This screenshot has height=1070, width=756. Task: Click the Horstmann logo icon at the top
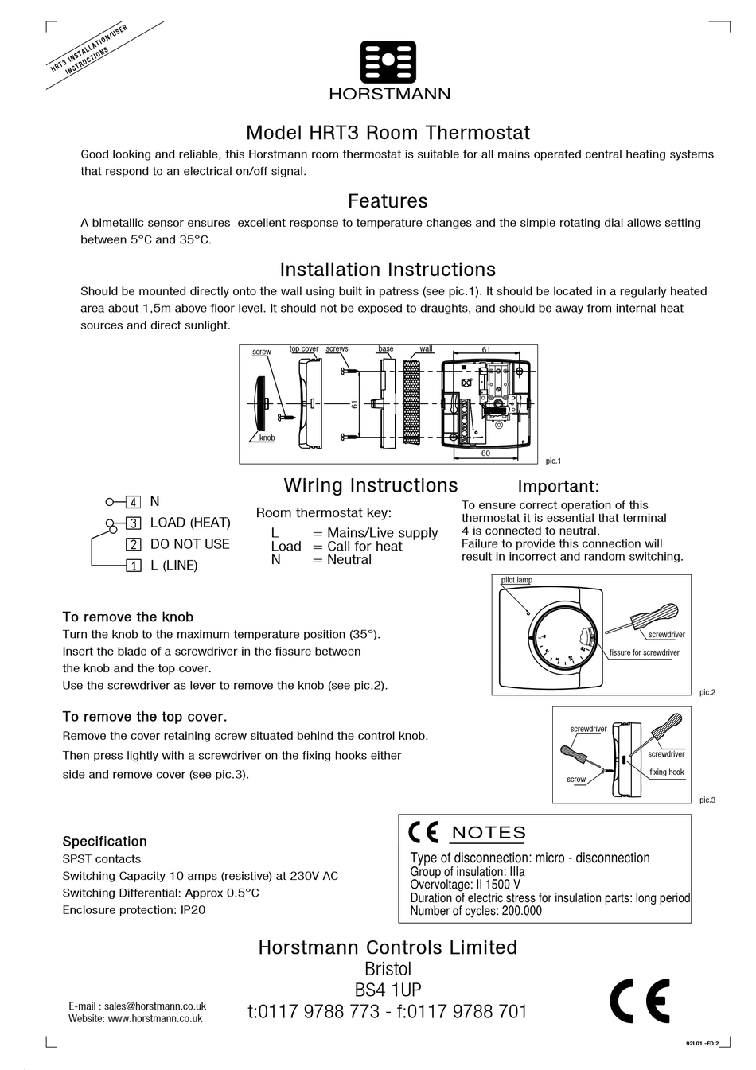(x=388, y=63)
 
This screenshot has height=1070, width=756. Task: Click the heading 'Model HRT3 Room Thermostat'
(x=388, y=133)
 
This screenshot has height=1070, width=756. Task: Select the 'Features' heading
(x=388, y=201)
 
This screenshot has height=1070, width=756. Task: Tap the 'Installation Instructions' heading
(x=388, y=270)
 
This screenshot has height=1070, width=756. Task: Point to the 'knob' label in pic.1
(x=267, y=438)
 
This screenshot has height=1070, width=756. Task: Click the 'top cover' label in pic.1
(x=303, y=349)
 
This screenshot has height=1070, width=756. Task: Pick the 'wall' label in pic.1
(x=426, y=349)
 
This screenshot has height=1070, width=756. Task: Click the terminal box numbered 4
(x=134, y=502)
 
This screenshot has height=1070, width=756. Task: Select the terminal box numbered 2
(x=134, y=545)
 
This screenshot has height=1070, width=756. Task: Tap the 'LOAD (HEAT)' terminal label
(x=190, y=523)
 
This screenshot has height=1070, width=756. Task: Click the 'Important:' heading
(x=558, y=486)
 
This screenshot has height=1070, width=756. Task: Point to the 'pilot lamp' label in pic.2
(x=516, y=580)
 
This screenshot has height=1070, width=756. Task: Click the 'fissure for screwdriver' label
(x=644, y=652)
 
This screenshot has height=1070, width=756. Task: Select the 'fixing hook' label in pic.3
(x=666, y=772)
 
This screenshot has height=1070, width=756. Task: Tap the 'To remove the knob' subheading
(x=128, y=617)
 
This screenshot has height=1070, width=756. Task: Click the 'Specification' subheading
(x=104, y=842)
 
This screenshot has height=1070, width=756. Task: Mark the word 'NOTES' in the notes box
(x=489, y=833)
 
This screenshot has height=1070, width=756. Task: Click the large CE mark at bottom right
(x=639, y=1001)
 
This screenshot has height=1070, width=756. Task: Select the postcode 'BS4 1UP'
(x=388, y=990)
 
